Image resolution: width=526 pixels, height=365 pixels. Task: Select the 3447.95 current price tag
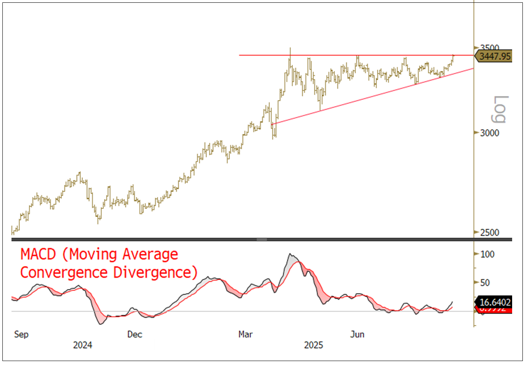tap(495, 56)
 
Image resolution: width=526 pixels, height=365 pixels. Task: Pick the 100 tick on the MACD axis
tap(487, 254)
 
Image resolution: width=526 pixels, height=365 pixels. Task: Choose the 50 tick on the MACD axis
tap(485, 283)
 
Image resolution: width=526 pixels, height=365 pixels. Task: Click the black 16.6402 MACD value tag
tap(495, 302)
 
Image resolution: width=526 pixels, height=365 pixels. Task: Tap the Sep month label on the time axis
tap(21, 334)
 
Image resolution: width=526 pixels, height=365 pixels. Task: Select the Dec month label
tap(135, 334)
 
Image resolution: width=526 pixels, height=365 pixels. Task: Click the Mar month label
tap(246, 334)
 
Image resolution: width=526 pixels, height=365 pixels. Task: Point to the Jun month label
tap(357, 334)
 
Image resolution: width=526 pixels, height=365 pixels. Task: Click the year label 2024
tap(82, 345)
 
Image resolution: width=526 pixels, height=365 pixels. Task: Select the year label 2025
tap(314, 345)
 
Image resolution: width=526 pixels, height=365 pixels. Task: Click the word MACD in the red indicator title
tap(38, 254)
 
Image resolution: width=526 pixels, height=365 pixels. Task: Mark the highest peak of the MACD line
tap(290, 254)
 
